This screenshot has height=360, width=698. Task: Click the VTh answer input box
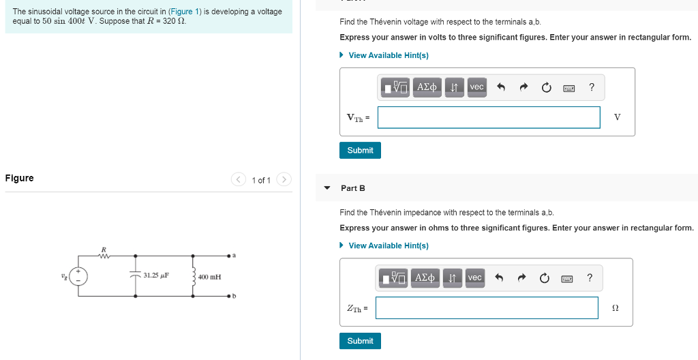tap(489, 117)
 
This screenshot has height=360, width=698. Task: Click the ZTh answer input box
tap(487, 307)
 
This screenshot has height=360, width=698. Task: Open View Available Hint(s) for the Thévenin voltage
tap(388, 55)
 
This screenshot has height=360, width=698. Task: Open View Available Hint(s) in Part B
tap(388, 245)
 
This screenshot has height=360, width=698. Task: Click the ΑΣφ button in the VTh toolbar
tap(427, 87)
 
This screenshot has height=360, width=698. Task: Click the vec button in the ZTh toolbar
tap(475, 277)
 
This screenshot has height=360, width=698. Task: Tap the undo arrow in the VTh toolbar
tap(500, 87)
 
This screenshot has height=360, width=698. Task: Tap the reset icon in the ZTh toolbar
tap(544, 277)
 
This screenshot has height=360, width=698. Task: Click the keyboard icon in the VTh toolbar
tap(569, 87)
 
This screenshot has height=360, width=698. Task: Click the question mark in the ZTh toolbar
tap(590, 277)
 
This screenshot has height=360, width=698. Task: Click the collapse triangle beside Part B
tap(327, 188)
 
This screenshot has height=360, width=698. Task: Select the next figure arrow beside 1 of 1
tap(284, 180)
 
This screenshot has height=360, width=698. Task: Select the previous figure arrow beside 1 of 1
tap(238, 180)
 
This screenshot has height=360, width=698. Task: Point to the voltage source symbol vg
tap(79, 276)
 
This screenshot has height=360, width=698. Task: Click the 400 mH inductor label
tap(209, 277)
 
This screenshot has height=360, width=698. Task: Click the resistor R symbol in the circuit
tap(104, 256)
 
